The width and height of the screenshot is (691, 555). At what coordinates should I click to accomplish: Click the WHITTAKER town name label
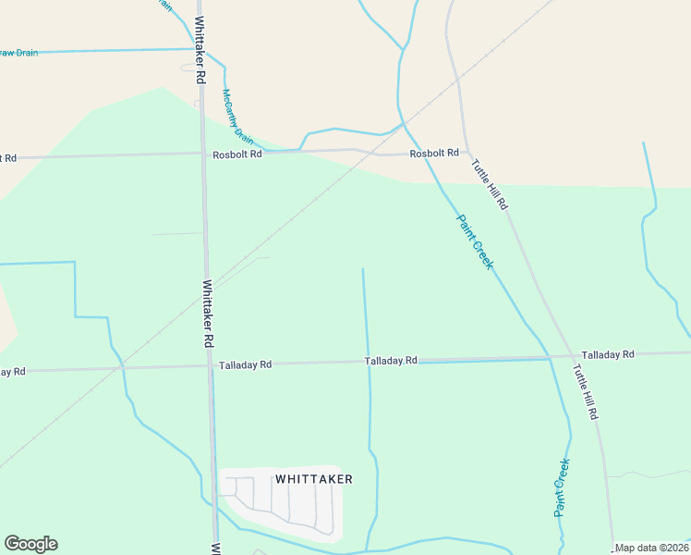click(314, 479)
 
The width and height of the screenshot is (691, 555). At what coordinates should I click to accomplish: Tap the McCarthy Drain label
click(237, 116)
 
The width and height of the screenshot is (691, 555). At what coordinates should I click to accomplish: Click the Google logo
click(30, 544)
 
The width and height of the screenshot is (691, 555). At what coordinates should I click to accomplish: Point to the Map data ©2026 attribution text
click(651, 548)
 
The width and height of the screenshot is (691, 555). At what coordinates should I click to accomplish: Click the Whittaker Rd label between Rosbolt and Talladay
click(209, 314)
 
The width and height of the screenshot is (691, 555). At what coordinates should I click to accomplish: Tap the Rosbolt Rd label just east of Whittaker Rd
click(237, 154)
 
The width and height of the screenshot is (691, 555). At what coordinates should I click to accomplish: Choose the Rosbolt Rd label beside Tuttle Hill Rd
click(434, 153)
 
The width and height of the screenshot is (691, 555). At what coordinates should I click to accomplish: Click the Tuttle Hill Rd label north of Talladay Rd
click(490, 183)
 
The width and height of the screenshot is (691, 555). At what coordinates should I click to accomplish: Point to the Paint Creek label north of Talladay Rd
click(476, 241)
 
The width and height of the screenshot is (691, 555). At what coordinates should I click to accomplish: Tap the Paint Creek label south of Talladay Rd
click(561, 487)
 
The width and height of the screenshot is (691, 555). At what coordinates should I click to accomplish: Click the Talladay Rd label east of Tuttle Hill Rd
click(608, 354)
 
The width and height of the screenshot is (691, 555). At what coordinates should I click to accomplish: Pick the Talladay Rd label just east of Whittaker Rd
click(245, 365)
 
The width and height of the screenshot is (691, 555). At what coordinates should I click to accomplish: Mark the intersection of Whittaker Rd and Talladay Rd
click(211, 366)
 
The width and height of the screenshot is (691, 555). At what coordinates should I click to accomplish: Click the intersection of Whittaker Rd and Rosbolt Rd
click(203, 154)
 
